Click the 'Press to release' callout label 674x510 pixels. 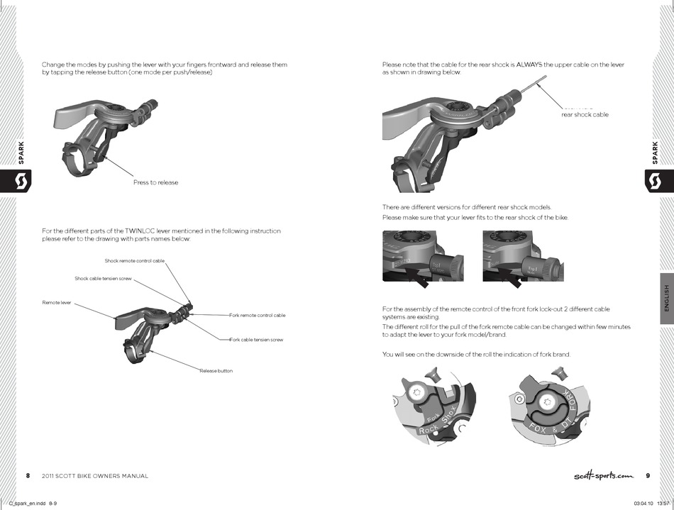click(x=155, y=182)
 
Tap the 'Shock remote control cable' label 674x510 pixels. click(x=134, y=261)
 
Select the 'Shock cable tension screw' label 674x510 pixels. click(x=104, y=278)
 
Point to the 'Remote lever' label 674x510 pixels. click(x=57, y=303)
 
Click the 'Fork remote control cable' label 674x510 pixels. click(x=258, y=315)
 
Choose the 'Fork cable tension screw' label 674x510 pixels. click(x=256, y=340)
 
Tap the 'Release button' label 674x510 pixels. click(x=216, y=371)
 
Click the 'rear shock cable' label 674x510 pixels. click(x=585, y=114)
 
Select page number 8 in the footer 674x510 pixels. click(x=28, y=476)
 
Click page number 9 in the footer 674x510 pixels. click(x=648, y=476)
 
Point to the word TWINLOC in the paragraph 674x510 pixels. click(x=140, y=231)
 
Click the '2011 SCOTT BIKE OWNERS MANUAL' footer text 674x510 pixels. click(x=95, y=476)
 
